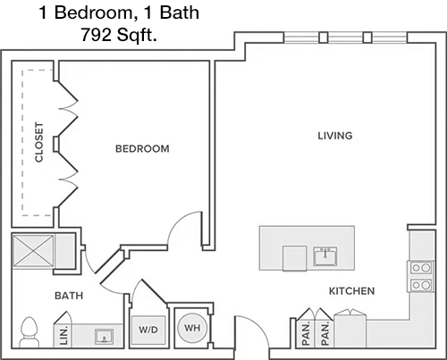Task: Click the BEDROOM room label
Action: tap(142, 148)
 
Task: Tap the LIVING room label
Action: tap(335, 136)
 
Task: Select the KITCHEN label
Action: tap(351, 291)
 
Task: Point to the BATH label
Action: tap(69, 296)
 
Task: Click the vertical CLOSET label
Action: tap(39, 142)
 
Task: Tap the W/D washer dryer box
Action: tap(148, 330)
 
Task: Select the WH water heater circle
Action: tap(192, 328)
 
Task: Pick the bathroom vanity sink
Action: tap(104, 336)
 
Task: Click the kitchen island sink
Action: tap(325, 256)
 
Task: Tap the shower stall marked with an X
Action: tap(33, 250)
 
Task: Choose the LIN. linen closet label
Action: tap(64, 336)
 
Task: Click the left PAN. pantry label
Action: tap(306, 333)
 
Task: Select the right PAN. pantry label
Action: tap(325, 333)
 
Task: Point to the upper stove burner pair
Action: tap(421, 268)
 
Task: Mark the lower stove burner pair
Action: tap(421, 285)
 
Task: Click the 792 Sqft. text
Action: tap(119, 35)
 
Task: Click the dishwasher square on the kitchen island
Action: tap(294, 258)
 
